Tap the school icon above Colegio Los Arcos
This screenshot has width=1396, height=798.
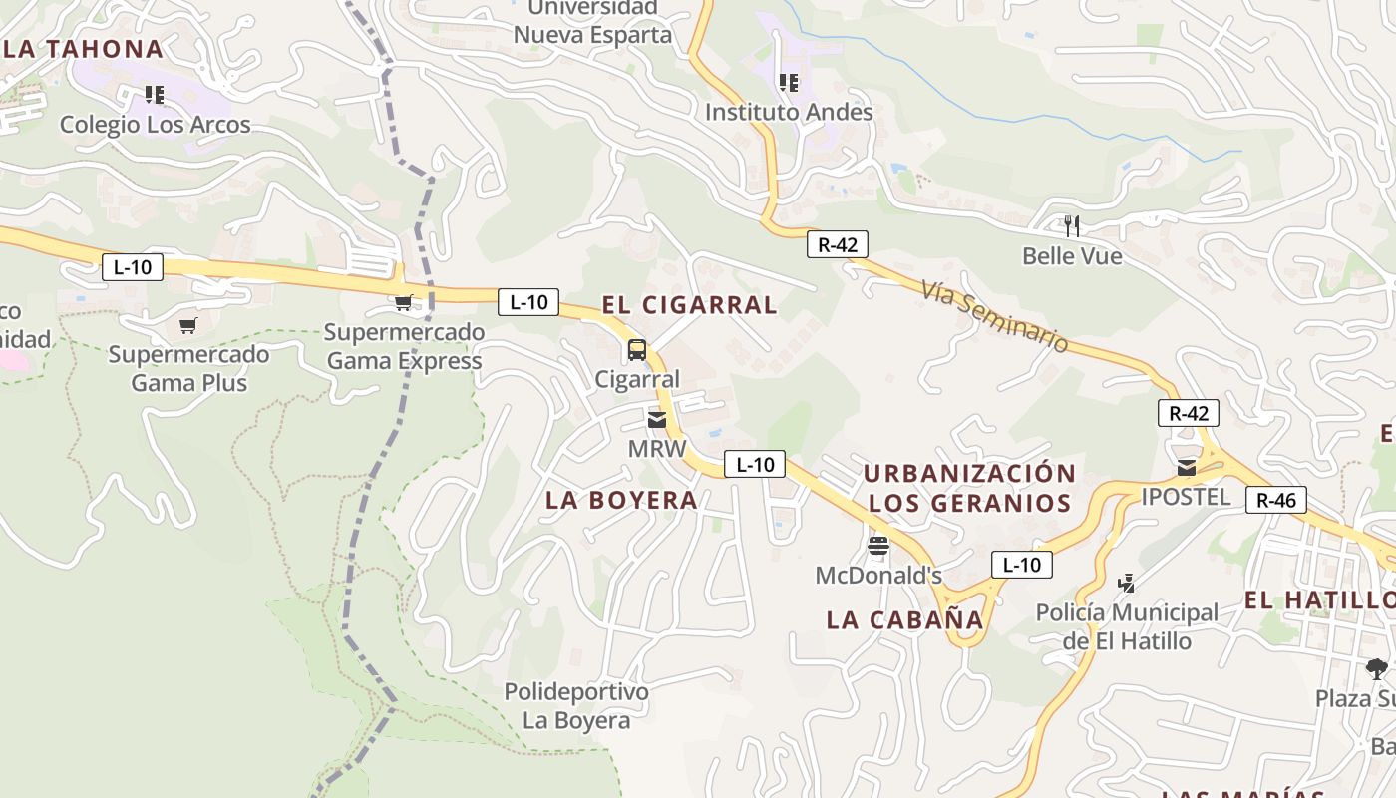coord(154,95)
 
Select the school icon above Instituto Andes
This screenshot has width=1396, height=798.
coord(789,83)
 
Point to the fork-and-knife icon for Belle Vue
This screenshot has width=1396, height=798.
coord(1072,226)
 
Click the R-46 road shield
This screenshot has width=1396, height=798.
coord(1275,500)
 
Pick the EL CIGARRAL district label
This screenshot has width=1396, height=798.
coord(689,305)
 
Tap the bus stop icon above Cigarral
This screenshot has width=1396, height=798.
coord(636,350)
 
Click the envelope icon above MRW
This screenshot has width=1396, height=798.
coord(656,420)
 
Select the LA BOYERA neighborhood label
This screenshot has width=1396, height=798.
coord(621,500)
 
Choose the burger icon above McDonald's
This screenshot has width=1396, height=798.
coord(877,546)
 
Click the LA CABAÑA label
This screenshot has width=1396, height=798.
coord(904,619)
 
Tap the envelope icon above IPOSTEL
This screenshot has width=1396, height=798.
coord(1186,467)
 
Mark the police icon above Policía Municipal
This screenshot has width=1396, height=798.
coord(1127,583)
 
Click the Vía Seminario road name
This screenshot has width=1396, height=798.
coord(994,315)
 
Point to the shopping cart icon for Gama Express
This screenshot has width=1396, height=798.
coord(404,303)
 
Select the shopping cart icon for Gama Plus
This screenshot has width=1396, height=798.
coord(188,325)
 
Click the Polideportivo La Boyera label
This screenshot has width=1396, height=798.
coord(576,705)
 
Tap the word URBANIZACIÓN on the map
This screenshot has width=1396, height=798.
coord(969,473)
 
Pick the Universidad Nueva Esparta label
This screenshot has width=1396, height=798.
coord(592,21)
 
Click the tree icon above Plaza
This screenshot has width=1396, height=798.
coord(1376,668)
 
